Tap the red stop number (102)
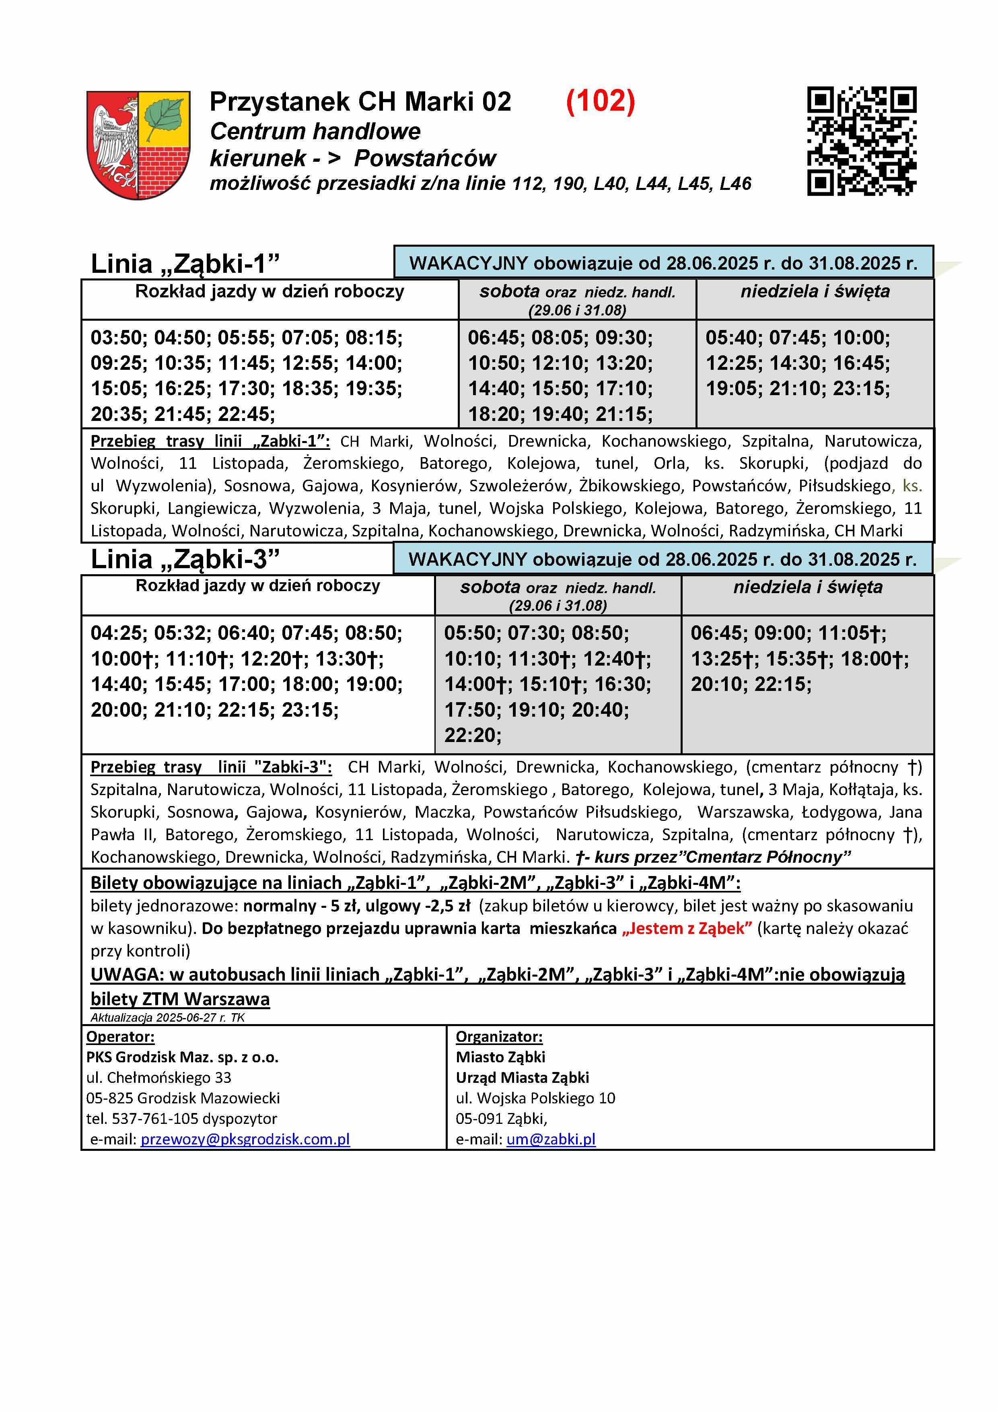pos(600,101)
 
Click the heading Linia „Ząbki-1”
pos(185,264)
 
